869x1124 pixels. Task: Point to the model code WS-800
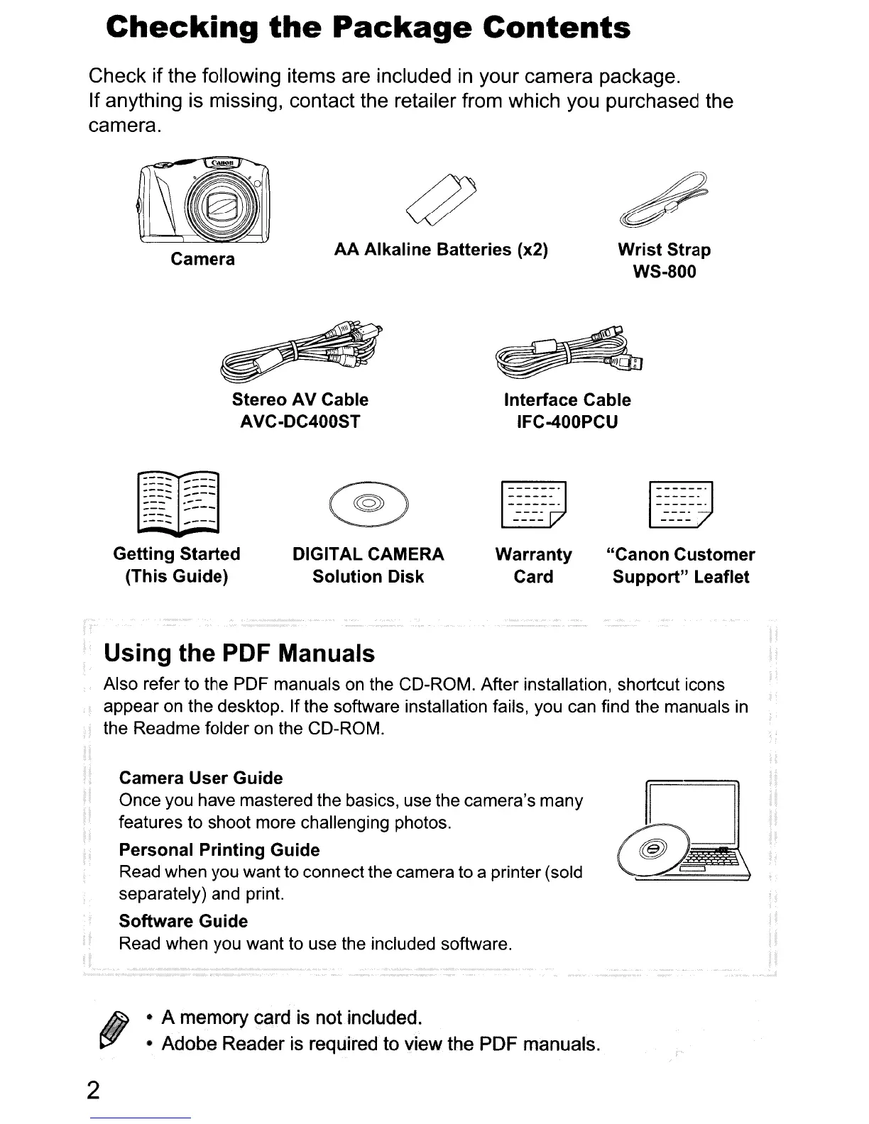664,272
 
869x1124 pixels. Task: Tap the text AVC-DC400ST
300,422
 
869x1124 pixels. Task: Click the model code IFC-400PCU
567,422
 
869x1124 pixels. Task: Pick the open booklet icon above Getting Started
179,502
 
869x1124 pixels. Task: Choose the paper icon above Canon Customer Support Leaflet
681,505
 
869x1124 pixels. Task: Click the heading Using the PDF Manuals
239,653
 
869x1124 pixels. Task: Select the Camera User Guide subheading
201,778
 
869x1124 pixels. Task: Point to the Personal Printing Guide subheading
219,849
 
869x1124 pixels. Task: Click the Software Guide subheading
183,921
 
